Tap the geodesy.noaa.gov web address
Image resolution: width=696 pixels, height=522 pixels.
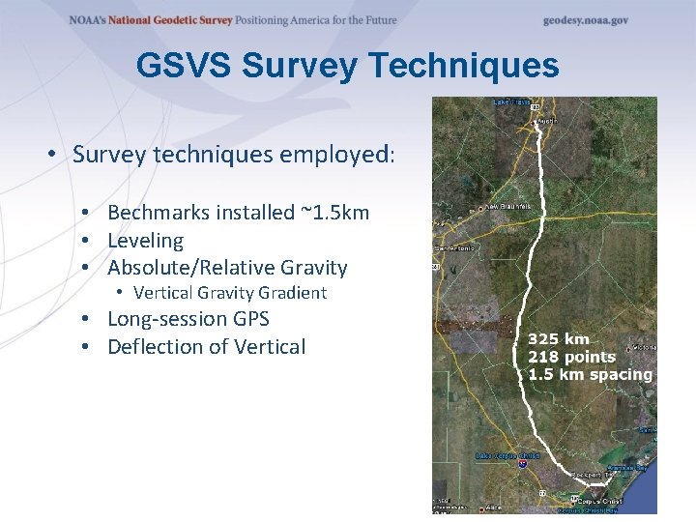pos(585,20)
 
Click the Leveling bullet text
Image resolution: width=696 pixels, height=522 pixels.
pos(145,241)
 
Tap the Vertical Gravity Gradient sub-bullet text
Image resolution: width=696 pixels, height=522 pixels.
pos(230,293)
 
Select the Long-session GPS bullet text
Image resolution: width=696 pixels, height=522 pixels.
pos(188,319)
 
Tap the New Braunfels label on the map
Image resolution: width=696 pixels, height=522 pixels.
pos(507,207)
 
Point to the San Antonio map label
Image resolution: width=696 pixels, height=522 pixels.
pos(454,248)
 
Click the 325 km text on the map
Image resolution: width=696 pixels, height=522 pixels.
pos(558,339)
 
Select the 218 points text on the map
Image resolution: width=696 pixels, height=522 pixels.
pos(571,357)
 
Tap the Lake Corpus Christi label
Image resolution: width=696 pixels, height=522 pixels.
pos(507,454)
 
